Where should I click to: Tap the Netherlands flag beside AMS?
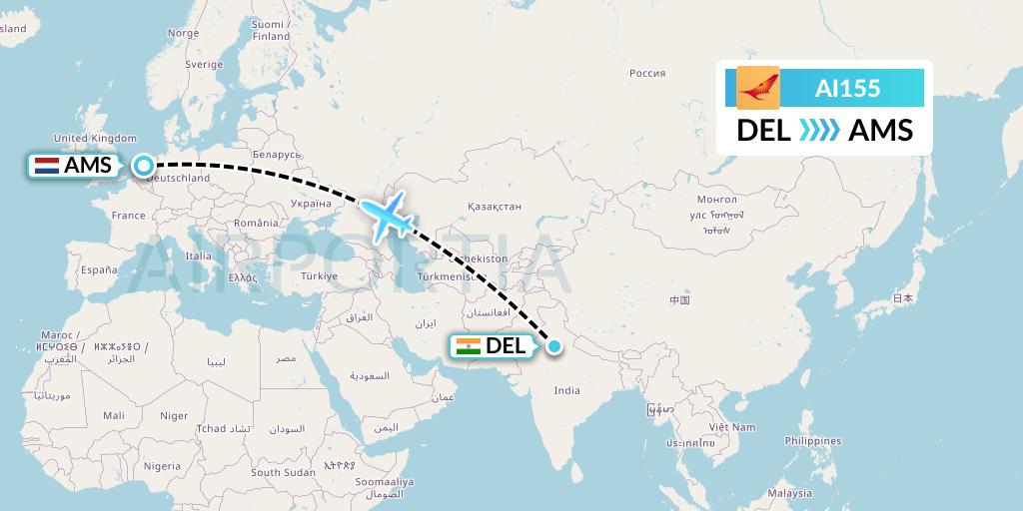click(x=46, y=166)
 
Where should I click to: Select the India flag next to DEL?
click(x=467, y=346)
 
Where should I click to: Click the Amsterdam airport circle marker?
click(x=144, y=166)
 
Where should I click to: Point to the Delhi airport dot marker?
click(x=554, y=346)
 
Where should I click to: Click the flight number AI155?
click(x=847, y=88)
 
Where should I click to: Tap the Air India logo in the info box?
click(x=757, y=88)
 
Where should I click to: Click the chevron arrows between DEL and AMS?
click(x=819, y=130)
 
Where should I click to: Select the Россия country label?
click(x=647, y=73)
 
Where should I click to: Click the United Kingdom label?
click(x=94, y=138)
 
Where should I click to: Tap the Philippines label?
click(x=812, y=440)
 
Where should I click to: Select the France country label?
click(x=128, y=216)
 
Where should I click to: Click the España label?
click(x=99, y=269)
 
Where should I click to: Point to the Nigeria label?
click(x=161, y=466)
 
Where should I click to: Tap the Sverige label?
click(x=204, y=64)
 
